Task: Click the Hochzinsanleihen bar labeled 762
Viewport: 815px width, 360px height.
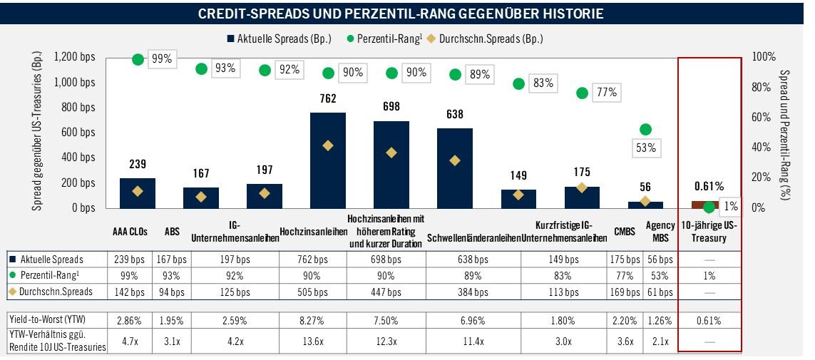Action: (x=327, y=160)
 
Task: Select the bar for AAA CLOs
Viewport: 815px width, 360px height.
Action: (x=137, y=193)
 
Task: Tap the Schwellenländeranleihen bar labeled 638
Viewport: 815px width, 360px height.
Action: (x=454, y=168)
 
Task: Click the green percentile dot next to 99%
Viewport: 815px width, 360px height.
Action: (x=138, y=59)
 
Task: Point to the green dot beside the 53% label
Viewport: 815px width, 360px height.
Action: (x=645, y=129)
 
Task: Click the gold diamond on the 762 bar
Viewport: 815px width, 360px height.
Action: (x=327, y=145)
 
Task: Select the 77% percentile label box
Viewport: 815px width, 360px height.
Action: (x=607, y=92)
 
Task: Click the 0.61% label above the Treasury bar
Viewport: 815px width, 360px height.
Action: (x=709, y=186)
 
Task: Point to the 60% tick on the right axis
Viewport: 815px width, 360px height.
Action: (x=764, y=117)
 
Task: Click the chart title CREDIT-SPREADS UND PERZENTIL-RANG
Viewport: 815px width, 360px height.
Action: (x=401, y=14)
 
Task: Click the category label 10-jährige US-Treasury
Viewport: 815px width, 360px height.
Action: (x=709, y=232)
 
